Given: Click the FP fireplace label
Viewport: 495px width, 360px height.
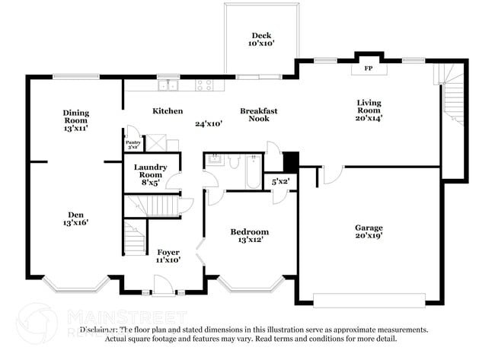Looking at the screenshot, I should click(369, 69).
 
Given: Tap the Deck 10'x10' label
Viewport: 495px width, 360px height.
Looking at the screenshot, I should click(261, 40).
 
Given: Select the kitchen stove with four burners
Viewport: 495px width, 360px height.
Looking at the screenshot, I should click(204, 85).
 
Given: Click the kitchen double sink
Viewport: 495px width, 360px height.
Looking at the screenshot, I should click(168, 84).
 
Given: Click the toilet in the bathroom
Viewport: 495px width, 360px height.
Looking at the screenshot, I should click(234, 161).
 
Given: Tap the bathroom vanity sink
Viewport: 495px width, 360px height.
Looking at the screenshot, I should click(213, 159).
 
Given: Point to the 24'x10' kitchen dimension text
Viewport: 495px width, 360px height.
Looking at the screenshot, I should click(208, 123).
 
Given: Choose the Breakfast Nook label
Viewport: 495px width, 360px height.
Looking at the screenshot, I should click(259, 115).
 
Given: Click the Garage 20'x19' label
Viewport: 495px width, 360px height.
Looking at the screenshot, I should click(369, 231).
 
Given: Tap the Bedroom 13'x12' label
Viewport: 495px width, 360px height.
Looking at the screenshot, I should click(250, 236).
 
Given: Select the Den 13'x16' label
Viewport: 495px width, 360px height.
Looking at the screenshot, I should click(76, 218).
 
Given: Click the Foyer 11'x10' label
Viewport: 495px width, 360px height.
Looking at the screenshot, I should click(168, 256).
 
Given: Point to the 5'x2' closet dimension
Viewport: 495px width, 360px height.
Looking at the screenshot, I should click(280, 182).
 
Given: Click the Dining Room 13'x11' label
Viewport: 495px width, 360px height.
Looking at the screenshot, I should click(76, 120).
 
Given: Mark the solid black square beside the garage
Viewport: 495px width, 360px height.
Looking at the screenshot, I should click(291, 162).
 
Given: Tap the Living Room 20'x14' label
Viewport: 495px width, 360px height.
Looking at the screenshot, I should click(369, 110).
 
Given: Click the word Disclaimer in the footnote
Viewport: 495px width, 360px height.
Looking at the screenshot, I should click(97, 330).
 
